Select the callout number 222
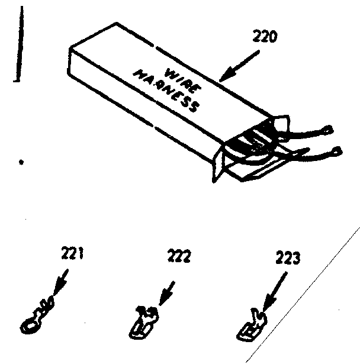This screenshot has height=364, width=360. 178,256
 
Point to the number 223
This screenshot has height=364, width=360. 288,258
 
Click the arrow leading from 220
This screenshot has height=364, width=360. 240,65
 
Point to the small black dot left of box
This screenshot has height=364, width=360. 22,161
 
